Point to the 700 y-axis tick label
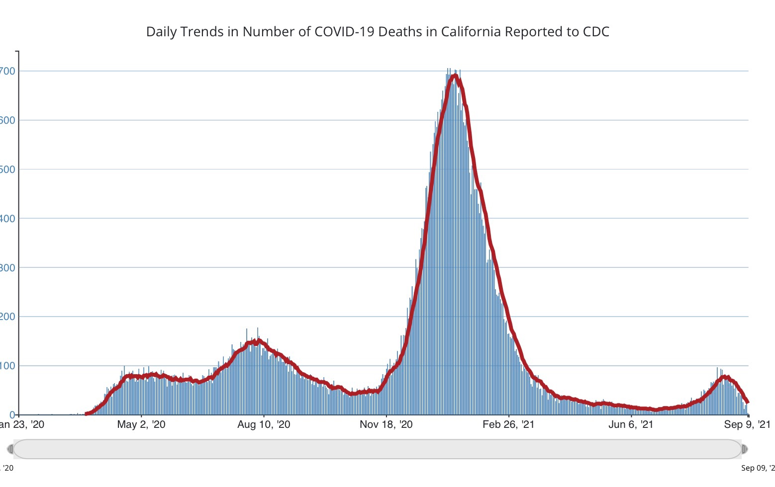point(8,71)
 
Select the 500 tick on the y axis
point(8,169)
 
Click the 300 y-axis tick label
point(8,268)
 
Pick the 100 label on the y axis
point(8,366)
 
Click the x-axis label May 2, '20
point(141,424)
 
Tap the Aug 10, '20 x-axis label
point(264,424)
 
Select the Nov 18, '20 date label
point(386,424)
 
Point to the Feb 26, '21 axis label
point(508,424)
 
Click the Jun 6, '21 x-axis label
point(631,424)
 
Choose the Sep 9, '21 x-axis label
point(747,424)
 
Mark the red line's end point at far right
point(748,402)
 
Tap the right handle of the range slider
point(744,449)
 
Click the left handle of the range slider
point(10,449)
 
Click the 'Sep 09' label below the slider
point(758,468)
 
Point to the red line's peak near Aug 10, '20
point(257,340)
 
